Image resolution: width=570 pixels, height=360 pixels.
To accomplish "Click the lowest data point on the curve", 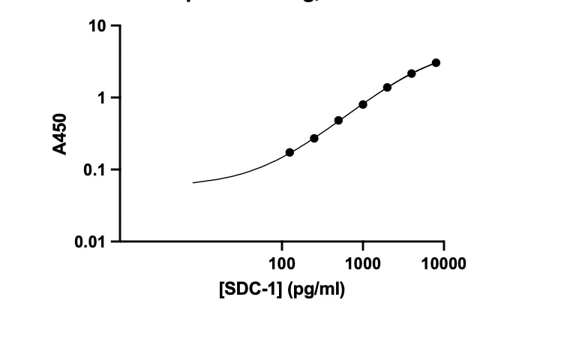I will point(289,152).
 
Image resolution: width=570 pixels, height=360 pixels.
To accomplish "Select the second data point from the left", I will point(314,138).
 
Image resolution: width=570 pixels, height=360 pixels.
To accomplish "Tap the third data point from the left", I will point(338,120).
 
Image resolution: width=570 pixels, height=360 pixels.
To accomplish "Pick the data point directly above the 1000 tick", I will point(363,104).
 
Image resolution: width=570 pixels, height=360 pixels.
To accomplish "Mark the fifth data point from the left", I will point(387,87).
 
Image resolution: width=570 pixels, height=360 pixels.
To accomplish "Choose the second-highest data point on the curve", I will point(412,73).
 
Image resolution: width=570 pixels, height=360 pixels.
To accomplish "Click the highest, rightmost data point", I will point(436,63).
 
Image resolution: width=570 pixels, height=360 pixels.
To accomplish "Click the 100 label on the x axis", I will point(282,263).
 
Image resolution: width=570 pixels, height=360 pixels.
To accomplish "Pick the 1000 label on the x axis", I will point(363,263).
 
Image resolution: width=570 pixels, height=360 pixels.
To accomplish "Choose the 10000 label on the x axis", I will point(443,263).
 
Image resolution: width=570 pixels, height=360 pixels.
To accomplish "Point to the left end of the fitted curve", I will point(193,182).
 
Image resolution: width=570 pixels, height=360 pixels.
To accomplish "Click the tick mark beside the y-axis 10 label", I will point(115,26).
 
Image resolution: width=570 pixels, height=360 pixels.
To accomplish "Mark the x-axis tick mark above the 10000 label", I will point(443,245).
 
